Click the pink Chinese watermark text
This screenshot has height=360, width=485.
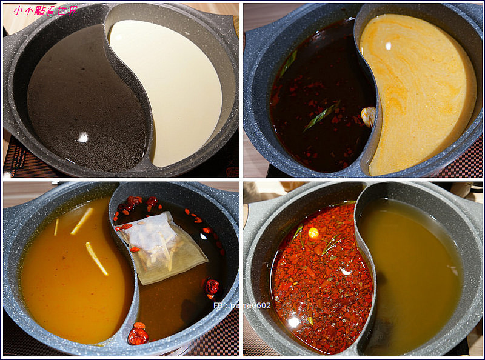coord(46,10)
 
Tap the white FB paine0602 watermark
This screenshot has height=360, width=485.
coord(242,305)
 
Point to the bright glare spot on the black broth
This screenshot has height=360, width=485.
coord(83,138)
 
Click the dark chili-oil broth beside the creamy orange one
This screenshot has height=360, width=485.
coord(315,91)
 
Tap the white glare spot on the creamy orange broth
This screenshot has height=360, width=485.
coord(389,45)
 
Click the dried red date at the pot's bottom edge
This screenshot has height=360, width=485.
coord(138,334)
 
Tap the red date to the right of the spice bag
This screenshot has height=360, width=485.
coord(212,286)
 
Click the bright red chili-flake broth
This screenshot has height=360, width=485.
coord(321,273)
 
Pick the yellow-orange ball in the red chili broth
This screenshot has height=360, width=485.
coord(313,232)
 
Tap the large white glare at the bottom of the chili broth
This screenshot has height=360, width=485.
coord(294,322)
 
